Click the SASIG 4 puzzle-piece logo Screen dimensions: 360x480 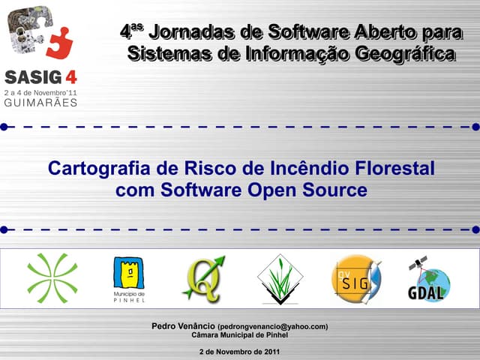pyautogui.click(x=37, y=34)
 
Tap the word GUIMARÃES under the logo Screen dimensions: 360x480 pyautogui.click(x=40, y=103)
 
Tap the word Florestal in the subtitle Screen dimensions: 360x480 pyautogui.click(x=394, y=168)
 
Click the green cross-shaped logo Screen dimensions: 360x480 pyautogui.click(x=52, y=278)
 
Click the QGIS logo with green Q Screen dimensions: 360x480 pyautogui.click(x=203, y=278)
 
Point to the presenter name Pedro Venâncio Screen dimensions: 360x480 pyautogui.click(x=183, y=326)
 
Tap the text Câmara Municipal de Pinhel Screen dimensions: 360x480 pyautogui.click(x=240, y=335)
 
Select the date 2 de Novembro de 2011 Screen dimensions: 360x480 pyautogui.click(x=240, y=351)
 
